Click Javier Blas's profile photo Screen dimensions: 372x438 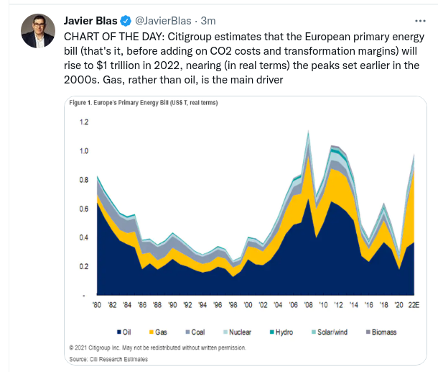pyautogui.click(x=36, y=30)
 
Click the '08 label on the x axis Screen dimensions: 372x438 pyautogui.click(x=308, y=307)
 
